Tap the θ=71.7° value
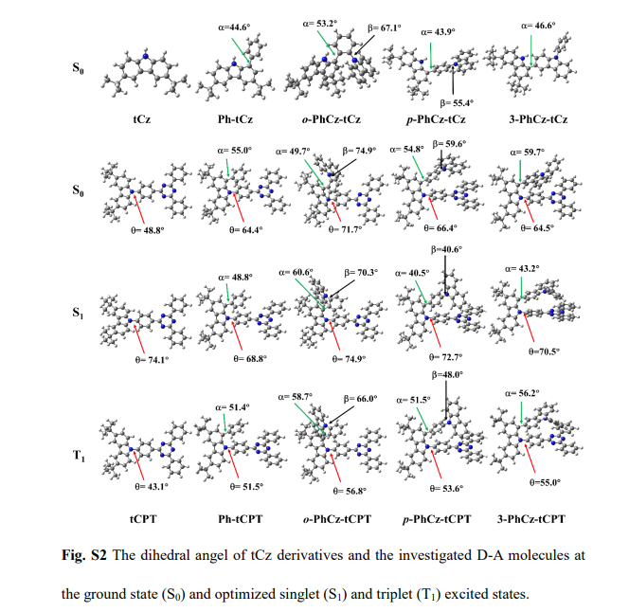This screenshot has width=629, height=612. click(x=349, y=230)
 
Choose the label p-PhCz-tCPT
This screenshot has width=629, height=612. click(x=436, y=519)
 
